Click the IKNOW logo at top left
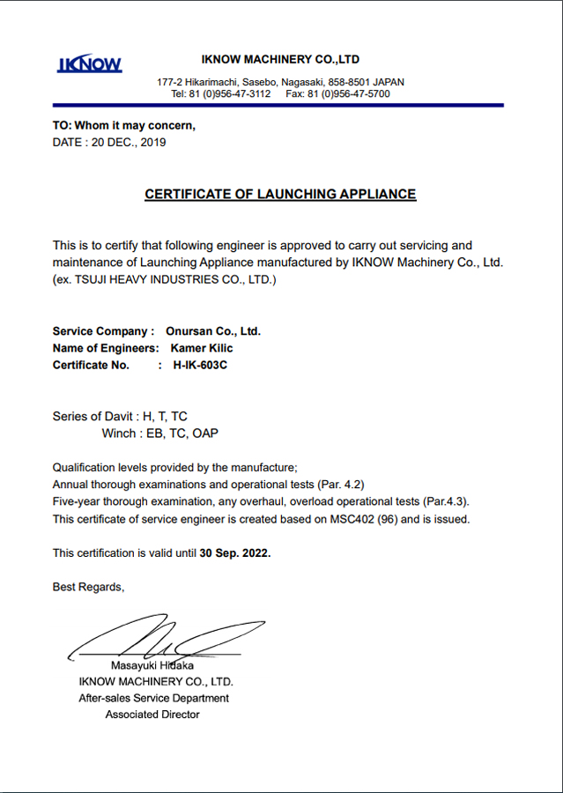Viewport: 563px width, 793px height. tap(90, 64)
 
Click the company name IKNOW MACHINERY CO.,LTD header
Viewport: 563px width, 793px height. tap(280, 60)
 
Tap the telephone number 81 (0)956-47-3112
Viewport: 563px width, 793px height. tap(233, 93)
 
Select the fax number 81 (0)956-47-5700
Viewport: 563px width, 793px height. tap(357, 93)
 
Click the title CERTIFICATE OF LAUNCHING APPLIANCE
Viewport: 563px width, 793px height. tap(280, 194)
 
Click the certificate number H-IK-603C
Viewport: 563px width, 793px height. tap(200, 365)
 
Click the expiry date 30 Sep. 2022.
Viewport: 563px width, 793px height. tap(235, 553)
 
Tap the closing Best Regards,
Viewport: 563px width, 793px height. tap(89, 587)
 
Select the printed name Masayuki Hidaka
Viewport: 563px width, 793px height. tap(152, 665)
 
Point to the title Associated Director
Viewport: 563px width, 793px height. tap(152, 715)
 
